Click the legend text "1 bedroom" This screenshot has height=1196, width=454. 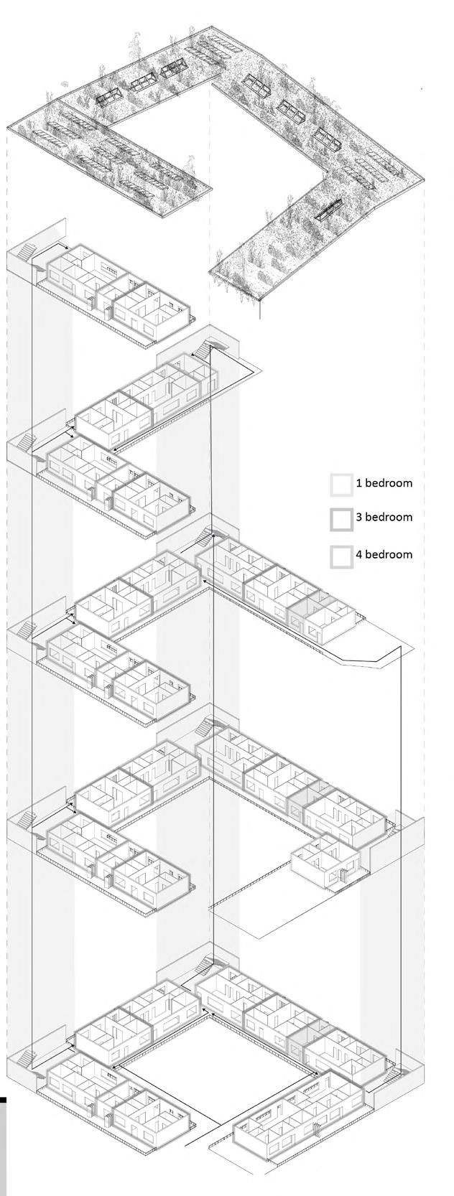384,482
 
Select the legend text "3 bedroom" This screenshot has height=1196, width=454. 384,517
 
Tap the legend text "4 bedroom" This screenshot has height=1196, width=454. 384,554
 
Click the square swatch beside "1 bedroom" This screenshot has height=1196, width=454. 341,484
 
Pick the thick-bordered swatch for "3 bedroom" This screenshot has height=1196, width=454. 341,518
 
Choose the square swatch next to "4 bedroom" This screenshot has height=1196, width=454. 341,556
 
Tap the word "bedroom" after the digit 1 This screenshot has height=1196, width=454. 389,482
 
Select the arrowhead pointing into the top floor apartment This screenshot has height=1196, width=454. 66,248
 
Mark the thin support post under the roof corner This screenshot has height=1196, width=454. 261,307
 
